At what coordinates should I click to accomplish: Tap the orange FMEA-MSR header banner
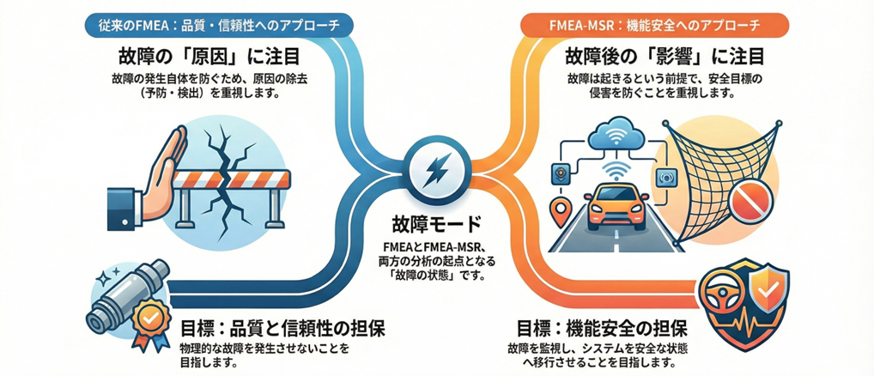655,23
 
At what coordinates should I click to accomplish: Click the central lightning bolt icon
437,168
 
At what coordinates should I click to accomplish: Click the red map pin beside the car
563,209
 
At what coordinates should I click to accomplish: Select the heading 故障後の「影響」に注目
663,58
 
